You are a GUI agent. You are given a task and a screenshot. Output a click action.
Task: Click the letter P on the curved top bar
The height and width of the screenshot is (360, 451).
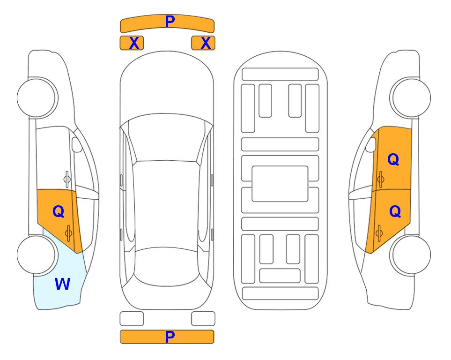170,22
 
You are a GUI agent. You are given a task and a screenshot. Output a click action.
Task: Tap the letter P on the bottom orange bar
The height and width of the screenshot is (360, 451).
170,337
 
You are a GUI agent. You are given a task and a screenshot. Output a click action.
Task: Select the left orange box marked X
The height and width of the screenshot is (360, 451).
132,43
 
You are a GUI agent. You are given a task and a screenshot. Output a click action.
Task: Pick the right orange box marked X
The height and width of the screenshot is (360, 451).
203,43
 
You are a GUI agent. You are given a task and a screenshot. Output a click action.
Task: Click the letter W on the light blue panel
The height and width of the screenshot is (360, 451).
62,284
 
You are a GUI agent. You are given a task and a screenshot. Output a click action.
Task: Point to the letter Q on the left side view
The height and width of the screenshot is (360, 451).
59,212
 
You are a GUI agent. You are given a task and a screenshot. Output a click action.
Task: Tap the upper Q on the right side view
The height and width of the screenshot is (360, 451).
393,159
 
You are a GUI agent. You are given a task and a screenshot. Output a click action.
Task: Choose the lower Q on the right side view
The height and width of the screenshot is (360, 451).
395,212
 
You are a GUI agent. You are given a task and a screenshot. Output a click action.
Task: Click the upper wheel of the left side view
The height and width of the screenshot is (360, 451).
37,98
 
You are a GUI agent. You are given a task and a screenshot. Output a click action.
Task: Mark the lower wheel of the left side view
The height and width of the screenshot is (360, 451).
37,255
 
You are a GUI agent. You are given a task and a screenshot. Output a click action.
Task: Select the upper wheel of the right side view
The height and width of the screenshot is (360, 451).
411,98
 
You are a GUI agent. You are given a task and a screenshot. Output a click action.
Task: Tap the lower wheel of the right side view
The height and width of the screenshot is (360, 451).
411,255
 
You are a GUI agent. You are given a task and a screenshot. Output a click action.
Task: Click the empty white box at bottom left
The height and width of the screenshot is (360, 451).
132,319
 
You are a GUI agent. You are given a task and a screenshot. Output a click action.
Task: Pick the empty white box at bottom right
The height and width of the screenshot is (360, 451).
203,319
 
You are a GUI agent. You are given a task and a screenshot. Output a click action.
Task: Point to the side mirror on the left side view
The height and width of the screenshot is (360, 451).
76,144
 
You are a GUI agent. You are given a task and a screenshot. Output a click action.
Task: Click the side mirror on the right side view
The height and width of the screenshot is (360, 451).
371,144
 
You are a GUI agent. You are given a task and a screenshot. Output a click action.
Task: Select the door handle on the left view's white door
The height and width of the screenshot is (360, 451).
67,179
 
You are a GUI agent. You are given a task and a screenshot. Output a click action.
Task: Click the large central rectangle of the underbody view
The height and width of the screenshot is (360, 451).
280,184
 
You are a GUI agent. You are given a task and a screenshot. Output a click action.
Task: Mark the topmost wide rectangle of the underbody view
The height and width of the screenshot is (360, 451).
280,75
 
